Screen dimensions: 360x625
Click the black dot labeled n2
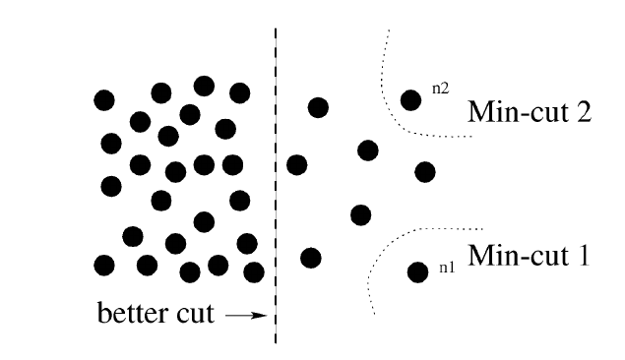tap(411, 100)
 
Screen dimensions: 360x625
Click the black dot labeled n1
tap(417, 272)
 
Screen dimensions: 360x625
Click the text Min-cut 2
tap(530, 110)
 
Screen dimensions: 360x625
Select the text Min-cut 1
tap(529, 258)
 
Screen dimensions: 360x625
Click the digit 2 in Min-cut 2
tap(583, 110)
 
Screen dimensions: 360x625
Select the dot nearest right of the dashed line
tap(296, 164)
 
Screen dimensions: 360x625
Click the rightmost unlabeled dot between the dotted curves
tap(425, 172)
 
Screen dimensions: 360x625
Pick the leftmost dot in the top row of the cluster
tap(103, 99)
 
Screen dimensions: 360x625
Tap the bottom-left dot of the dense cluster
tap(103, 265)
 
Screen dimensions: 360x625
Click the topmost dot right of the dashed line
tap(318, 106)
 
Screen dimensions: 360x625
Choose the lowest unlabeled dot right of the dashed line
tap(311, 258)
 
